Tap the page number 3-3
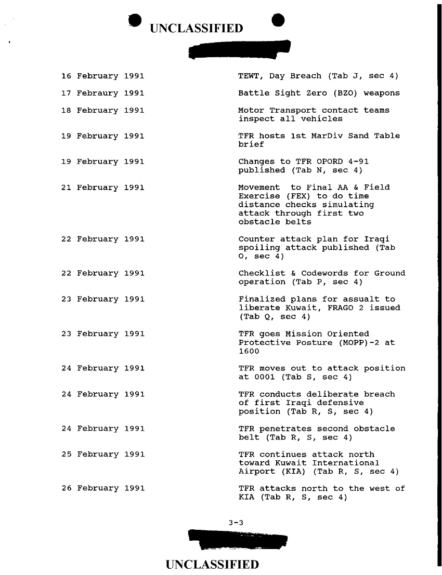(236, 522)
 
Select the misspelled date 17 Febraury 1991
(102, 93)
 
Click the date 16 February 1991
(102, 76)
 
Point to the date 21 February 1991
(102, 187)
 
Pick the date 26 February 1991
(102, 488)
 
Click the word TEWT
(249, 76)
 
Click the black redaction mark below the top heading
(240, 50)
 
